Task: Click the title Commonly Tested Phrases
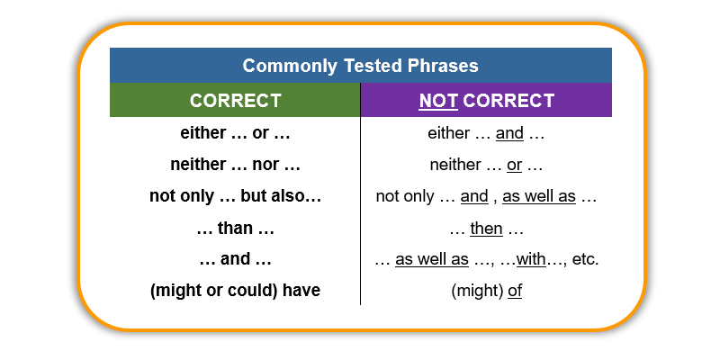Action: click(x=361, y=66)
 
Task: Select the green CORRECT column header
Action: click(x=235, y=100)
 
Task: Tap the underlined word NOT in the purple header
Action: click(x=438, y=101)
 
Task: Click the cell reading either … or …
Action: click(x=235, y=133)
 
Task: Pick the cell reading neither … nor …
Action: click(x=235, y=165)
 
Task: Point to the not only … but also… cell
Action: click(x=235, y=196)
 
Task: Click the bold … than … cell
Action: click(x=235, y=228)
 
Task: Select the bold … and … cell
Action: click(x=235, y=259)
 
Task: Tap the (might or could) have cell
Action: click(x=235, y=291)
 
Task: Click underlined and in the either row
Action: click(x=509, y=133)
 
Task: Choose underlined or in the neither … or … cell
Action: click(x=514, y=165)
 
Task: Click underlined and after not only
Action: click(x=474, y=196)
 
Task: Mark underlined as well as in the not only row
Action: click(x=539, y=196)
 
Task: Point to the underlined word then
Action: click(x=486, y=229)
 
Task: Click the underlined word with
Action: click(x=531, y=259)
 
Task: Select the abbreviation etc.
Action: click(x=586, y=259)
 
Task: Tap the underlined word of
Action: click(x=515, y=291)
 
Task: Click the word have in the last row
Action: click(x=301, y=291)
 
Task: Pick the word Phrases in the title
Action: click(x=443, y=66)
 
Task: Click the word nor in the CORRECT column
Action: click(x=264, y=166)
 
